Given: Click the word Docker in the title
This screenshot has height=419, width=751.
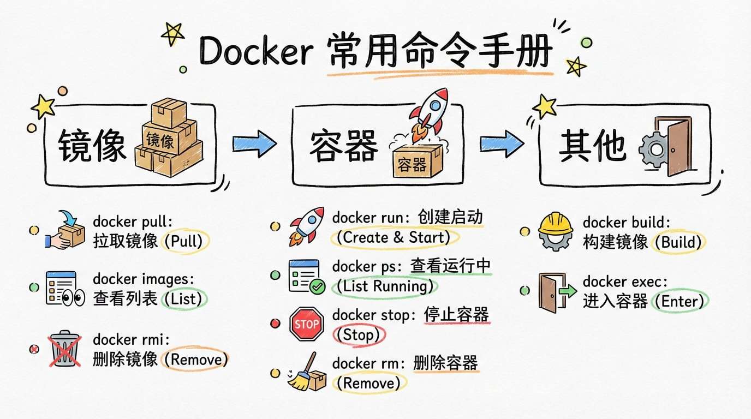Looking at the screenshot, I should click(x=255, y=52).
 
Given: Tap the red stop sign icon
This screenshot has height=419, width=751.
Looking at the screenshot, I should click(x=306, y=324).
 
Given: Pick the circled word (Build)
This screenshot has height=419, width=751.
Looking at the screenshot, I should click(x=678, y=242).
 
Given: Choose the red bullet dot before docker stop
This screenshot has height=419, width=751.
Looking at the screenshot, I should click(x=275, y=324).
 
